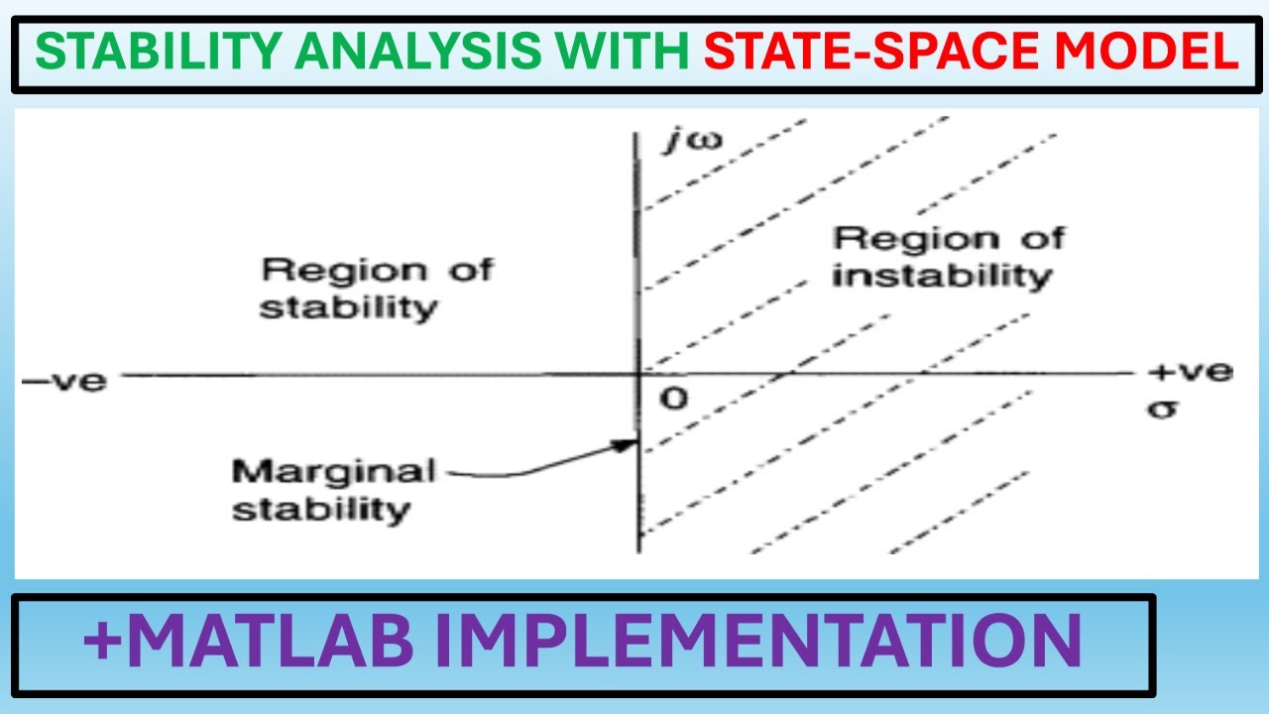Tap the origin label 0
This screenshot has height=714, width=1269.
click(673, 399)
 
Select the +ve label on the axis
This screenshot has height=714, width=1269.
click(1191, 372)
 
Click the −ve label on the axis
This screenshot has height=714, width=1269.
click(62, 380)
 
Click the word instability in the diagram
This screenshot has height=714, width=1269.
click(940, 276)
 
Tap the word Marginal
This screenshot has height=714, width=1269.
click(333, 471)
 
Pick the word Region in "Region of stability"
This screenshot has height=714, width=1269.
click(333, 271)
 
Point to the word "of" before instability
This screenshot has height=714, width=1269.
click(1042, 238)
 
